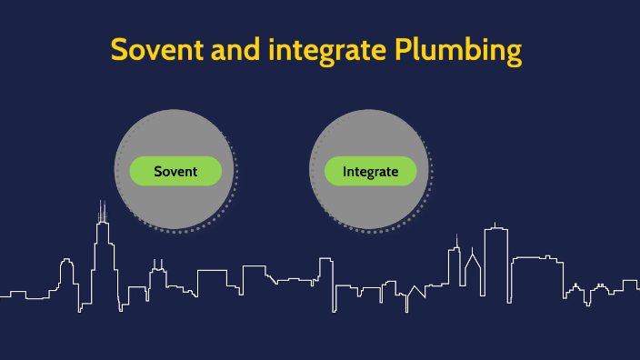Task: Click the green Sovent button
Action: pos(175,171)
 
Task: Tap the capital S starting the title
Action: pos(120,50)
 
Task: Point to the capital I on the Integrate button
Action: pos(345,171)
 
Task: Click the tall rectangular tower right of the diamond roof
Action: pos(495,259)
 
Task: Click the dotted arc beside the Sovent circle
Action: pos(234,182)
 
